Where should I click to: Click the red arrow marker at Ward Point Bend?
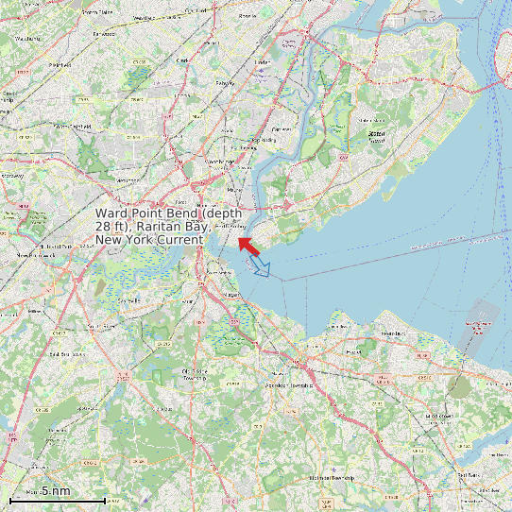(x=248, y=246)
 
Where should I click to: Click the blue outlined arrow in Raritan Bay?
(x=263, y=269)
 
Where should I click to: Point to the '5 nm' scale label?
(x=56, y=490)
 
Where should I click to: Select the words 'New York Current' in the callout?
(x=149, y=240)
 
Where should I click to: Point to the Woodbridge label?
(x=219, y=162)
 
